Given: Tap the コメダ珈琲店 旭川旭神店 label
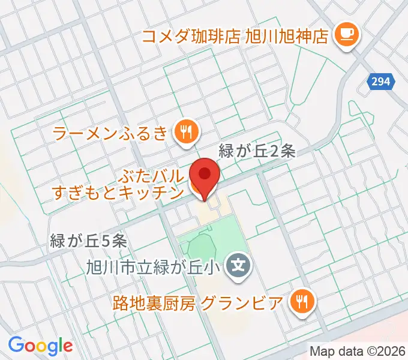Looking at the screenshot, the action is [235, 35].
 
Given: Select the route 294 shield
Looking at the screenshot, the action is [381, 82].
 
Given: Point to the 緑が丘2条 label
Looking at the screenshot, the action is [257, 152].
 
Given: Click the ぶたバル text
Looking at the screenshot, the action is [151, 176].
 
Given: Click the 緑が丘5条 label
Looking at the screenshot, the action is [88, 241].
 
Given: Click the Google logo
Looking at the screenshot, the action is [40, 346].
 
